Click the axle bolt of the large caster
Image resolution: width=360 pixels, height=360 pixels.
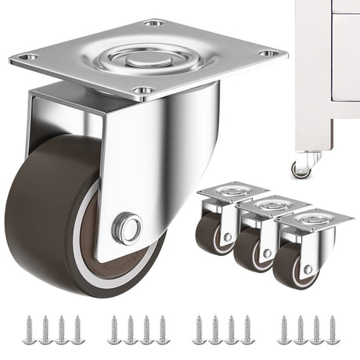point(128,229)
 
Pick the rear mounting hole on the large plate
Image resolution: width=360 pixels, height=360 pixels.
point(154,23)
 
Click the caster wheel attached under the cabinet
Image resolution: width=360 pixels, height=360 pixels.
point(301,169)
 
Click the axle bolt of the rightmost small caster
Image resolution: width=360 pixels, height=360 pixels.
point(308,269)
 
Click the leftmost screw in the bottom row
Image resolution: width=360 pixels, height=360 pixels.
point(28,329)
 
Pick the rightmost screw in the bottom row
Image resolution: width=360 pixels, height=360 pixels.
point(332,329)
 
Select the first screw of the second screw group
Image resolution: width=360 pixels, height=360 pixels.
point(113,329)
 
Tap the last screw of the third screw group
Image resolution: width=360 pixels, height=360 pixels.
point(247,329)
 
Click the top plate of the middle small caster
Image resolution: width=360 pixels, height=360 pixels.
point(270,206)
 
